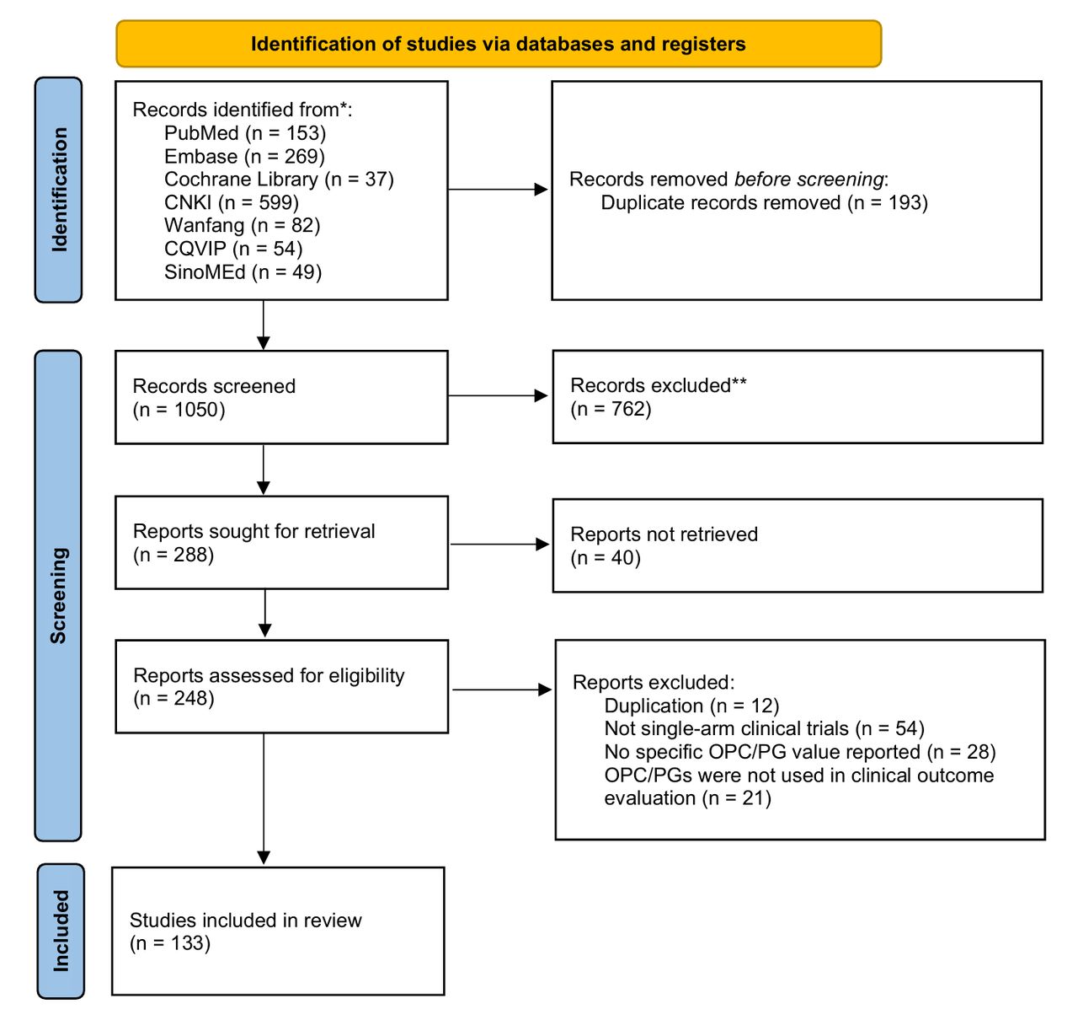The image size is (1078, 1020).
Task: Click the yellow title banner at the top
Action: pos(499,44)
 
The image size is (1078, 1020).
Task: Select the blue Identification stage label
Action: pos(59,190)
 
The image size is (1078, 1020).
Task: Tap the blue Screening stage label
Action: pos(58,596)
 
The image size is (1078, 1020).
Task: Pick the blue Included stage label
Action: pos(61,931)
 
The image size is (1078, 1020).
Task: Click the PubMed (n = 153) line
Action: pos(244,133)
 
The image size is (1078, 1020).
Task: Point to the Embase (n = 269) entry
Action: pos(244,157)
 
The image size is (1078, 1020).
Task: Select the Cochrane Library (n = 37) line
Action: pos(279,180)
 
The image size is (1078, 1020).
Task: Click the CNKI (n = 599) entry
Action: pos(232,202)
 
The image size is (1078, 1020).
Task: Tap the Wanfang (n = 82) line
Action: pos(242,226)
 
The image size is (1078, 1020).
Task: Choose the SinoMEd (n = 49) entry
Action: pos(243,272)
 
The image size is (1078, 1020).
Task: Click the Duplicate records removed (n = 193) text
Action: pos(764,202)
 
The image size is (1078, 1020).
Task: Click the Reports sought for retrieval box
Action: pos(281,542)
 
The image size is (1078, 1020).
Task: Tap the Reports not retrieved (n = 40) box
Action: pos(798,545)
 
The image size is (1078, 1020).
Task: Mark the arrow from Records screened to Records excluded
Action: pos(498,395)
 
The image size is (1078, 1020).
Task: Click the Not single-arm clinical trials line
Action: pos(764,728)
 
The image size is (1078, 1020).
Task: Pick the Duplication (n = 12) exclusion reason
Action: pos(691,706)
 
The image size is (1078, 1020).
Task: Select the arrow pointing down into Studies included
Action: pos(264,799)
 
